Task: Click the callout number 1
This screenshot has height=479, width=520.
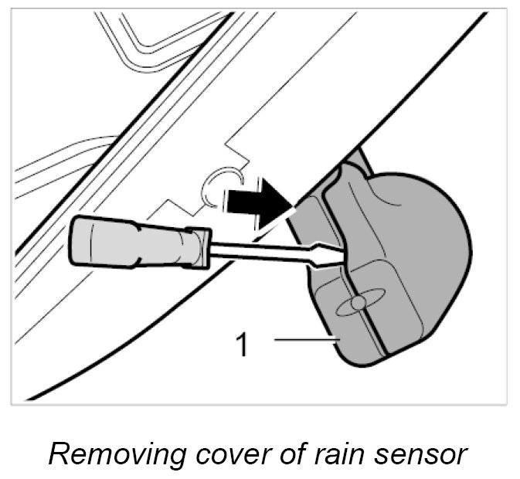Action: click(x=242, y=343)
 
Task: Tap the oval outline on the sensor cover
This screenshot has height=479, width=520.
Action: click(x=359, y=304)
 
